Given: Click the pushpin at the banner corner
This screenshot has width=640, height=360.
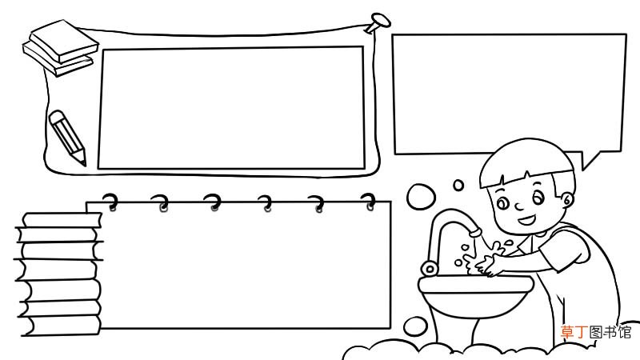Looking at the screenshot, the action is [377, 22].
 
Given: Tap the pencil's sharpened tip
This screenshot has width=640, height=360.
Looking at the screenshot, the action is [85, 164].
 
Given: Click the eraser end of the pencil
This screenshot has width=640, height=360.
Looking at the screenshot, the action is [56, 115].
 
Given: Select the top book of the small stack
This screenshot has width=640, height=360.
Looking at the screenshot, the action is [64, 41].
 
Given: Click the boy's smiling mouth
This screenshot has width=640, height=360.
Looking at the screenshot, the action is [526, 221].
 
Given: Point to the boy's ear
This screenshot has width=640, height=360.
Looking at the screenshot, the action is [567, 200].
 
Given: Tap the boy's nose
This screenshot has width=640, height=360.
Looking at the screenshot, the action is [519, 206].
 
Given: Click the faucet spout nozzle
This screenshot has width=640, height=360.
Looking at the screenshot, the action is [475, 233].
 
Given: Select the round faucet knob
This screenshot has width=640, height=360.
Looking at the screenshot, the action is [429, 269].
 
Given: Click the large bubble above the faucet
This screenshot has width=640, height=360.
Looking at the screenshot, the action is [421, 197].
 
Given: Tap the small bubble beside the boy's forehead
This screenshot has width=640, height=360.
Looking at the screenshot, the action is [458, 186].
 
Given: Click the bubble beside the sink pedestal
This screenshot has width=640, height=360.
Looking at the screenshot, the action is [415, 327].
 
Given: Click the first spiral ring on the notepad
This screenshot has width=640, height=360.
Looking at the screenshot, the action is [110, 202].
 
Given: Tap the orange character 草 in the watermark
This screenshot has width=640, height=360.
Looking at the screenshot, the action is [567, 332].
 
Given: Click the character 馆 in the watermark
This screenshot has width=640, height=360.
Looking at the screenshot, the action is [625, 332].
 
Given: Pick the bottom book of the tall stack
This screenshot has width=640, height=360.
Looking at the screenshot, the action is [62, 326].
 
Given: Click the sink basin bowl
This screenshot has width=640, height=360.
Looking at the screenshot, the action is [475, 296].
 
